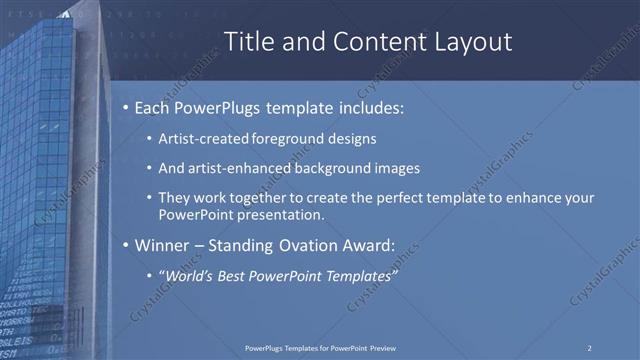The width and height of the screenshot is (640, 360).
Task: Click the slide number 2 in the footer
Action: click(x=589, y=347)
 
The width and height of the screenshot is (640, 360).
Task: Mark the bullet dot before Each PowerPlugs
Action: click(x=124, y=107)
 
